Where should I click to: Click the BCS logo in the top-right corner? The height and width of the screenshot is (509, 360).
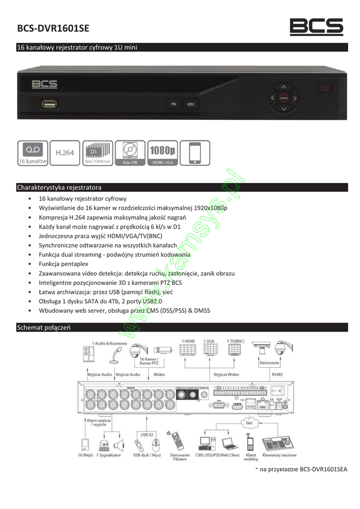click(316, 27)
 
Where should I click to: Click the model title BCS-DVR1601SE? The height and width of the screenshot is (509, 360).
click(53, 29)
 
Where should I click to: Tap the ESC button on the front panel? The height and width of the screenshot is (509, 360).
click(190, 104)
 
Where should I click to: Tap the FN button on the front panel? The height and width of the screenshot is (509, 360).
click(173, 104)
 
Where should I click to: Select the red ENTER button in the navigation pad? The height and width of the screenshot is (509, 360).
click(283, 98)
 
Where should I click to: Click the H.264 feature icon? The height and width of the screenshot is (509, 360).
click(64, 153)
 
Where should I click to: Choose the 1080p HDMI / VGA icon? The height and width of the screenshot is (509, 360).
click(162, 153)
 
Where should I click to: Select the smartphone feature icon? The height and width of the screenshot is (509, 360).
click(195, 153)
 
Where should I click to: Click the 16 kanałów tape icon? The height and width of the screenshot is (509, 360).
click(32, 153)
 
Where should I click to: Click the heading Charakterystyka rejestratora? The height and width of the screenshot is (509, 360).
click(59, 187)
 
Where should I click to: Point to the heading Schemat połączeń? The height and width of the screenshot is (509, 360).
click(44, 328)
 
